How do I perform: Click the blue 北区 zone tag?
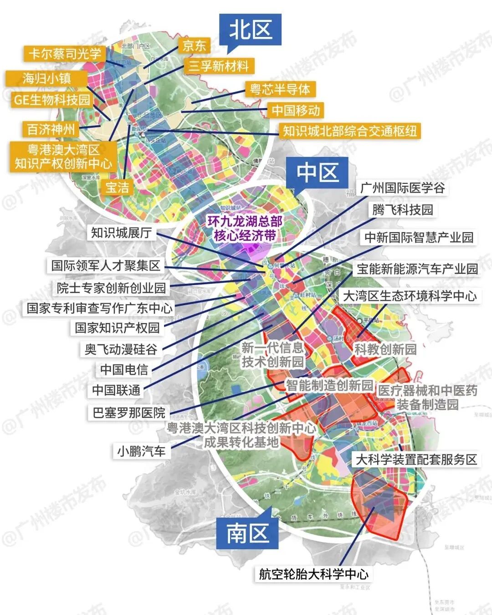point(250,30)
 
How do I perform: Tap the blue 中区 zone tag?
point(317,173)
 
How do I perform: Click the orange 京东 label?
point(195,46)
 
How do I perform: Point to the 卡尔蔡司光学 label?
point(65,54)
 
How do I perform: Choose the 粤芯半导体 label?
point(280,89)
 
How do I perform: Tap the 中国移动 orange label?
point(296,110)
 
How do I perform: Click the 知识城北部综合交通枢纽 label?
point(350,131)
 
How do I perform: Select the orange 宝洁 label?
point(117,187)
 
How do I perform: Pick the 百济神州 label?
point(51,129)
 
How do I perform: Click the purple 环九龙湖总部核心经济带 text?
point(245,228)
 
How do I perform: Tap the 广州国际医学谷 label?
point(402,188)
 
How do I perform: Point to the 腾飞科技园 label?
point(402,209)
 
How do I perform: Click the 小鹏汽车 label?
point(141,451)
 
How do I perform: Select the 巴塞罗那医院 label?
point(129,412)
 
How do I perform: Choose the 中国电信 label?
point(124,369)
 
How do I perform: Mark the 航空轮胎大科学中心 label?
point(313,574)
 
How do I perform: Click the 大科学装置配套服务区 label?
point(416,459)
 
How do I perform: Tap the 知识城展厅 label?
point(121,233)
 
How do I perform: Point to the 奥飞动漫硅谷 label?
point(121,349)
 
